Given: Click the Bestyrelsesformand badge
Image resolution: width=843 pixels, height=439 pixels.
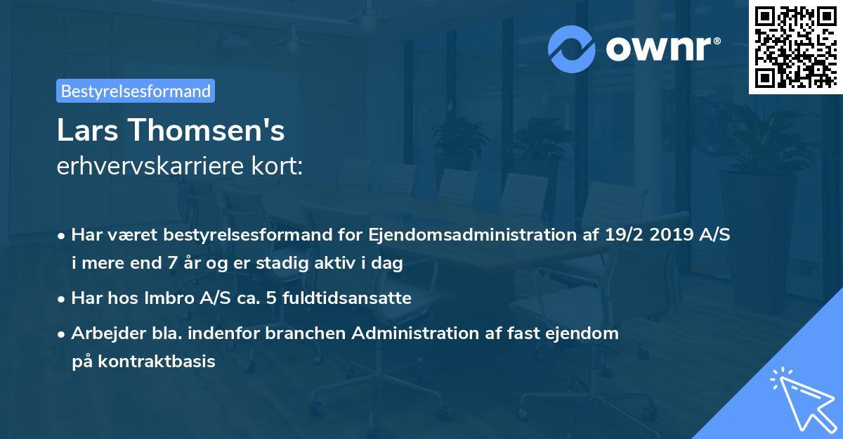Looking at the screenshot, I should click(136, 91).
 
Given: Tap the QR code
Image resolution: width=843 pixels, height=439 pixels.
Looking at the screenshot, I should click(796, 46).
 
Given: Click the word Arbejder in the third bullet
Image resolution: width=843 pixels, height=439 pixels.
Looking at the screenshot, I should click(103, 333).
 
